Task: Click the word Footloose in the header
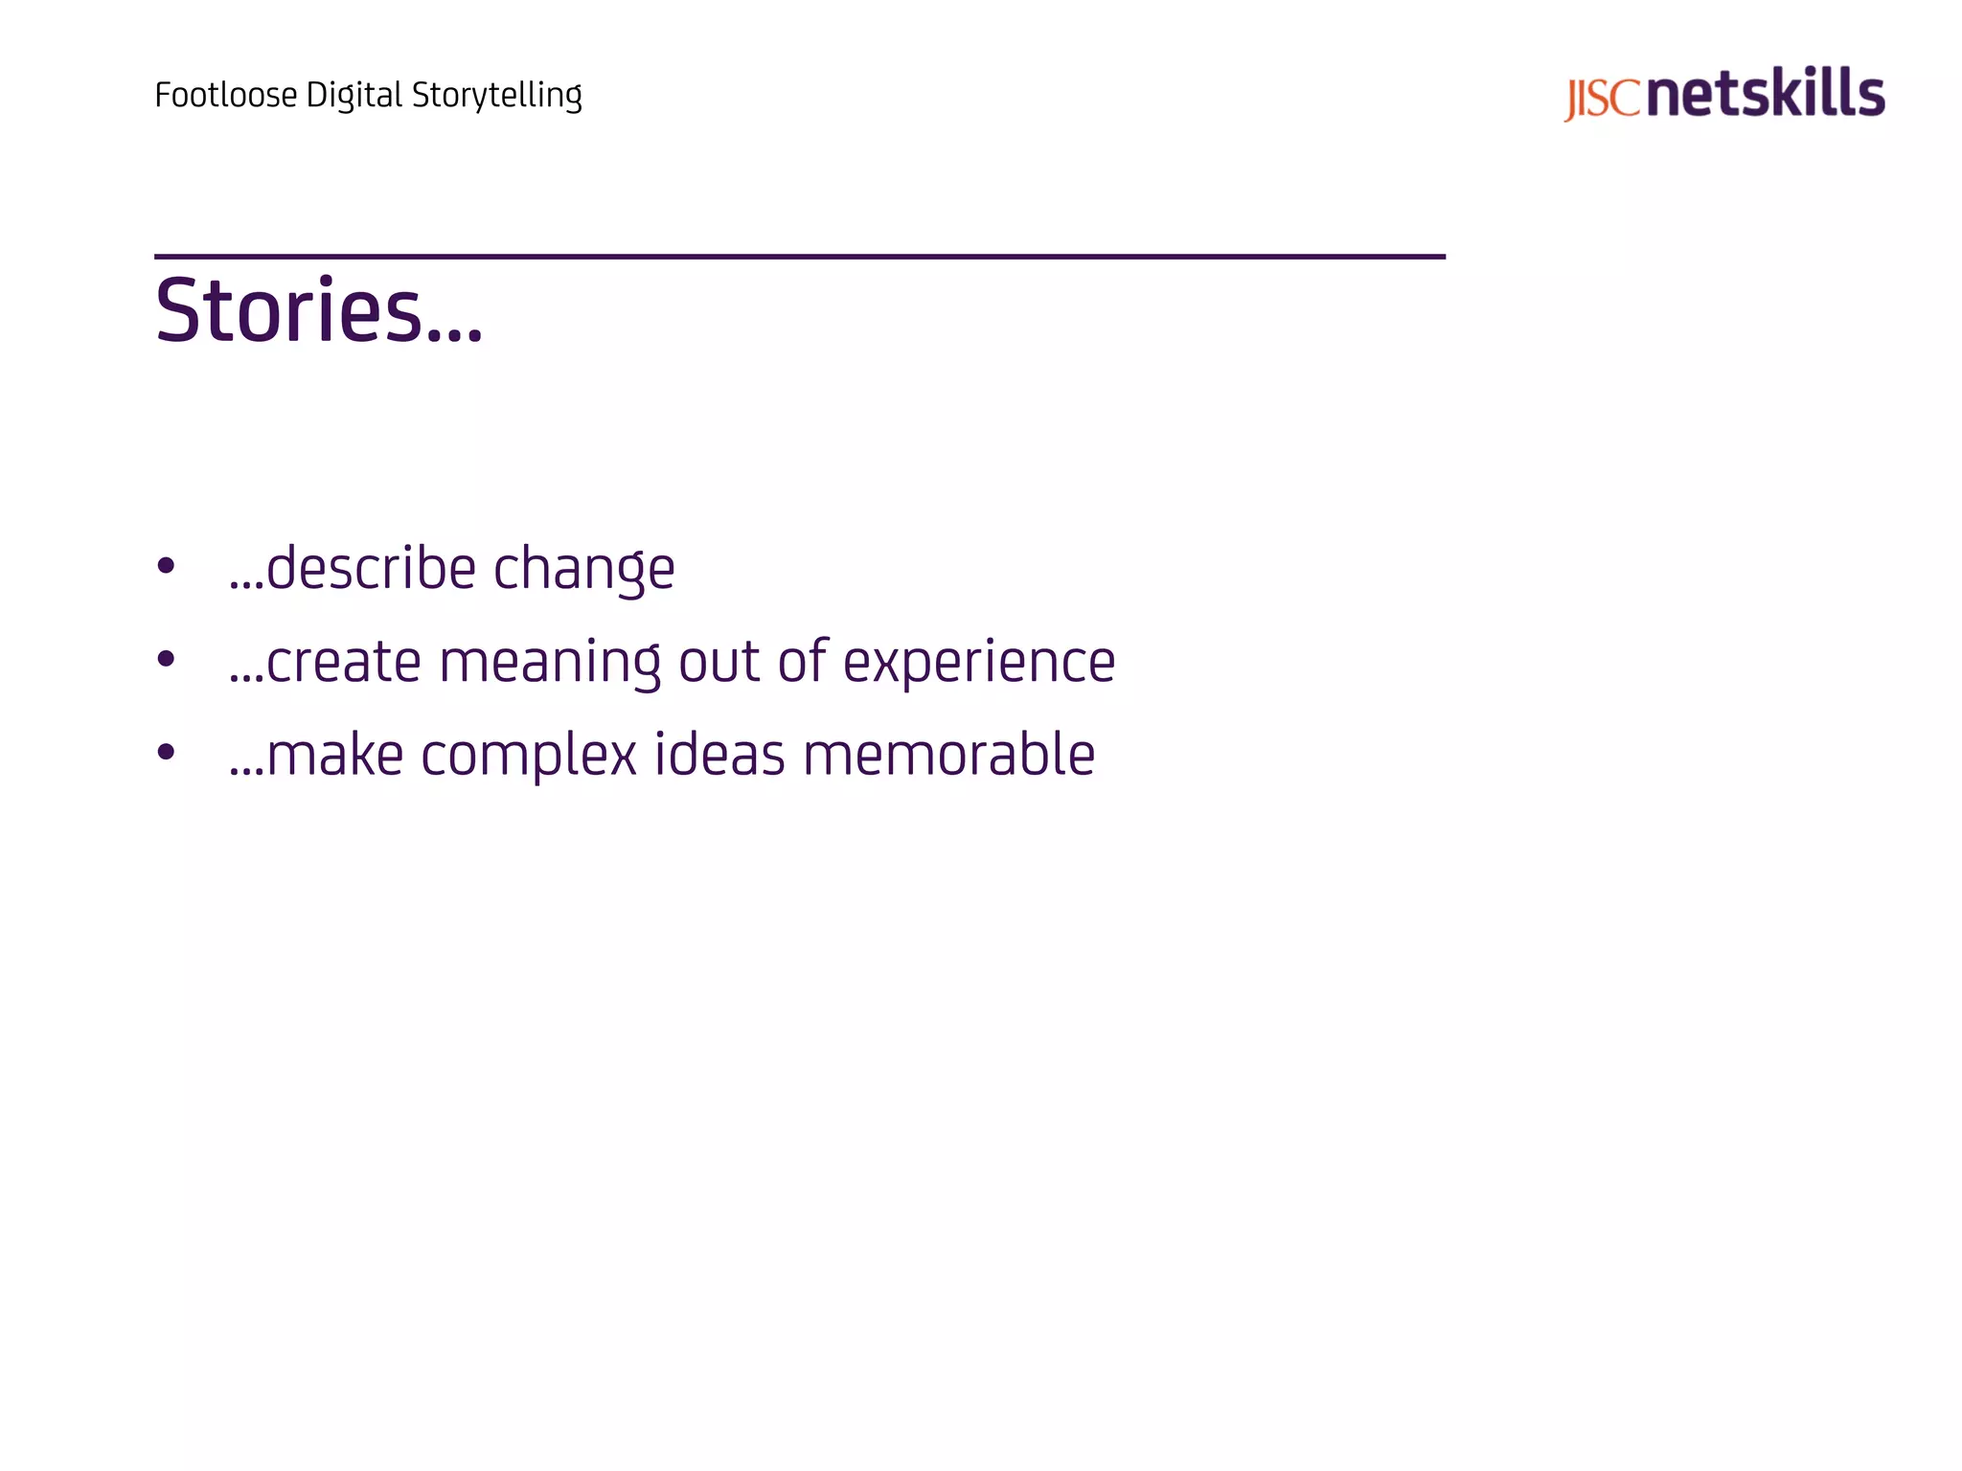click(226, 95)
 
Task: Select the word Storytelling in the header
click(497, 95)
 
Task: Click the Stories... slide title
click(319, 310)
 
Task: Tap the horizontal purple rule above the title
click(799, 257)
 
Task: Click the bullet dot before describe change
click(166, 566)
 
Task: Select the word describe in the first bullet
click(371, 568)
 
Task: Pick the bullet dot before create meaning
click(166, 659)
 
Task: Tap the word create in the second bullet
click(343, 662)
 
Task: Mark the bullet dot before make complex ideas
click(166, 752)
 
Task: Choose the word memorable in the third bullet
click(948, 754)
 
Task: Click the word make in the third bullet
click(334, 755)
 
